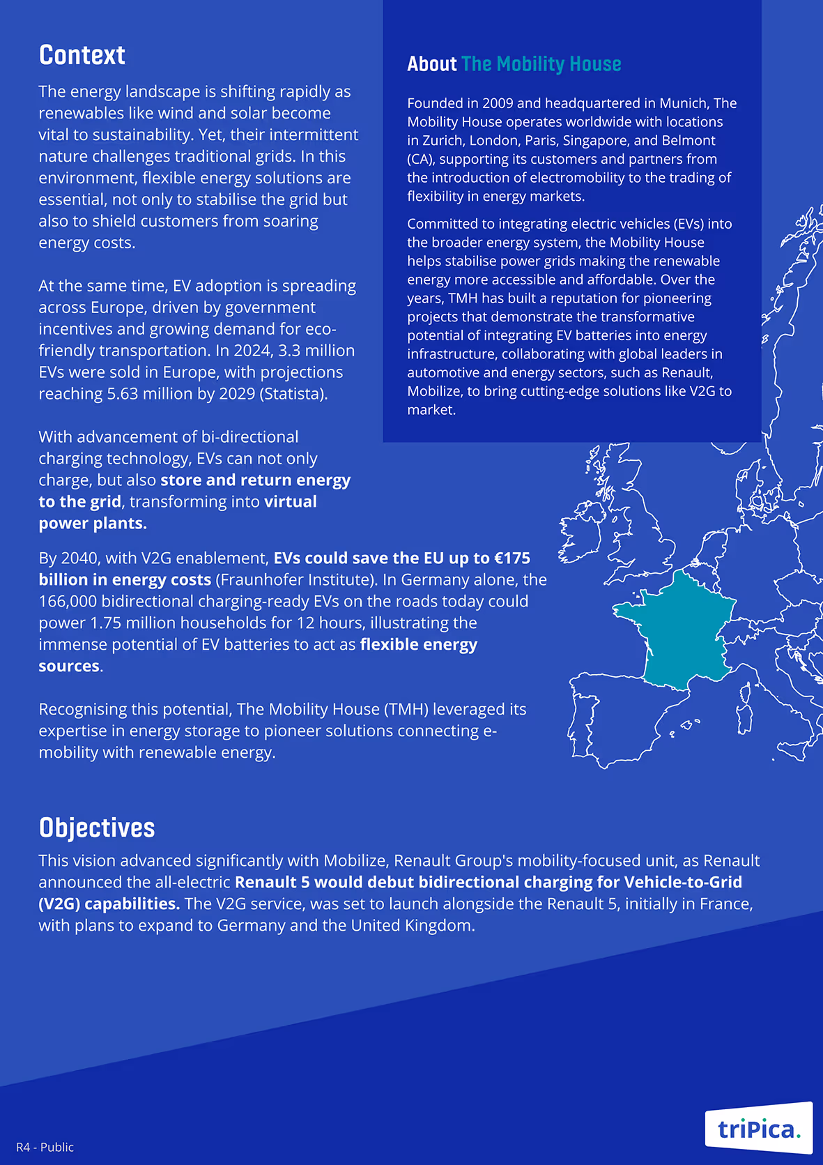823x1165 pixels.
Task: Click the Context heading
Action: point(82,55)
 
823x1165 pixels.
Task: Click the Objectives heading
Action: point(97,828)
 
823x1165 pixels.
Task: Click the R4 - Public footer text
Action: point(45,1147)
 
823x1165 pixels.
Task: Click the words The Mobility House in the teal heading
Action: point(541,64)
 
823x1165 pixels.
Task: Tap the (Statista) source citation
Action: point(293,394)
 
